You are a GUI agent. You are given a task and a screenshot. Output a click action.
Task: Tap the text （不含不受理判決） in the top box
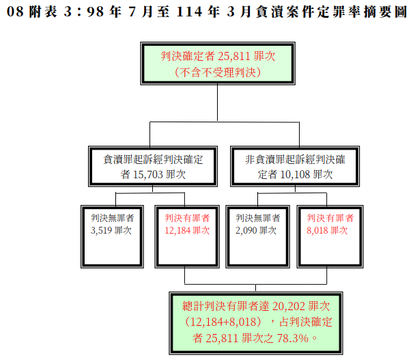[218, 72]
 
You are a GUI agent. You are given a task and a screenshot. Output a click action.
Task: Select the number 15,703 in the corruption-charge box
[147, 174]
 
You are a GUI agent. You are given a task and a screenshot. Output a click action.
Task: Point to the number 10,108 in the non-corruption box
[295, 174]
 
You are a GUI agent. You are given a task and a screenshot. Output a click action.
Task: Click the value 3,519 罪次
[111, 231]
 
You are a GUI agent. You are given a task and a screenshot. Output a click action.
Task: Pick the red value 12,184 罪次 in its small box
[187, 231]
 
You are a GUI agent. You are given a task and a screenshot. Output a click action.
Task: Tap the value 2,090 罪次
[256, 231]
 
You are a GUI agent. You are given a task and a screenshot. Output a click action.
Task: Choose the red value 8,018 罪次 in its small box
[327, 231]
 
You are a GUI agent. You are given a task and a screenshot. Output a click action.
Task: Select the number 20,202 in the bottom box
[289, 307]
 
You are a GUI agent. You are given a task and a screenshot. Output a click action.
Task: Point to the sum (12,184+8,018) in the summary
[223, 322]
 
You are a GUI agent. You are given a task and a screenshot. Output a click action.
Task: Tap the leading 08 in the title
[15, 12]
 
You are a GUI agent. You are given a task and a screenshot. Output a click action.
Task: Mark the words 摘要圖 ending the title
[386, 12]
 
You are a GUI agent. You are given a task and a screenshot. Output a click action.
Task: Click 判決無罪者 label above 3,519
[113, 218]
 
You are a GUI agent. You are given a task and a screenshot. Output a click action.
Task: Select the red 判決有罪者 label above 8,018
[330, 218]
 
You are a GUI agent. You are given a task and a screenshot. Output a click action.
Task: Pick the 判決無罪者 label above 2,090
[258, 218]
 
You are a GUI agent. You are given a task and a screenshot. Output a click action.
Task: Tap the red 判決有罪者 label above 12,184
[187, 218]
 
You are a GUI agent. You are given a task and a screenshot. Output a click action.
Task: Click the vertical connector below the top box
[217, 102]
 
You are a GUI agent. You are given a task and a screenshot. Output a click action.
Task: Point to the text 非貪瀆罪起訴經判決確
[295, 159]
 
